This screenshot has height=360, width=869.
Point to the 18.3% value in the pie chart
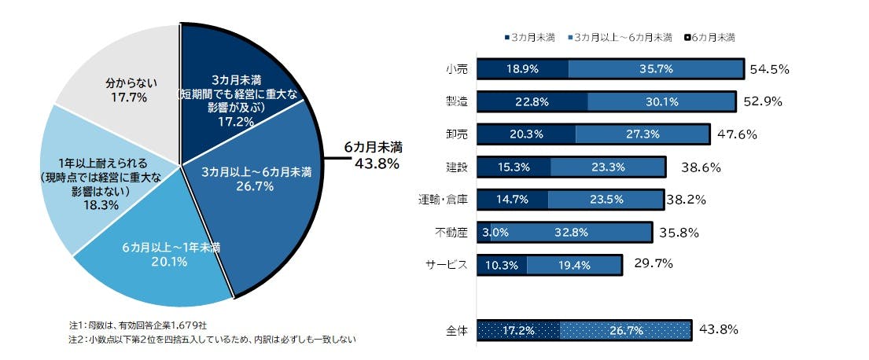tap(101, 205)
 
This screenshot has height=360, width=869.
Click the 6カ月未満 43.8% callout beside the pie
tap(373, 156)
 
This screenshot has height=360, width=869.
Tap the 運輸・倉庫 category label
tap(444, 200)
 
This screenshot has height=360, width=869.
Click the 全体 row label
tap(456, 331)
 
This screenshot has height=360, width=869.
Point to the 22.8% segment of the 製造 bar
tap(532, 101)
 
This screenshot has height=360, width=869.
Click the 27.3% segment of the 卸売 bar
tap(642, 134)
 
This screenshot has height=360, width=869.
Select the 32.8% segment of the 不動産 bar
tap(572, 232)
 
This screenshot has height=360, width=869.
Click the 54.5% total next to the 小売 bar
tap(769, 69)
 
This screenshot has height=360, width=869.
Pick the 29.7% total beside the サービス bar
tap(647, 264)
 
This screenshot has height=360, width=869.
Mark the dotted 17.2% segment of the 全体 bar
tap(519, 330)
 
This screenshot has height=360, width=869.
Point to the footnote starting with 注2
tap(212, 340)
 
